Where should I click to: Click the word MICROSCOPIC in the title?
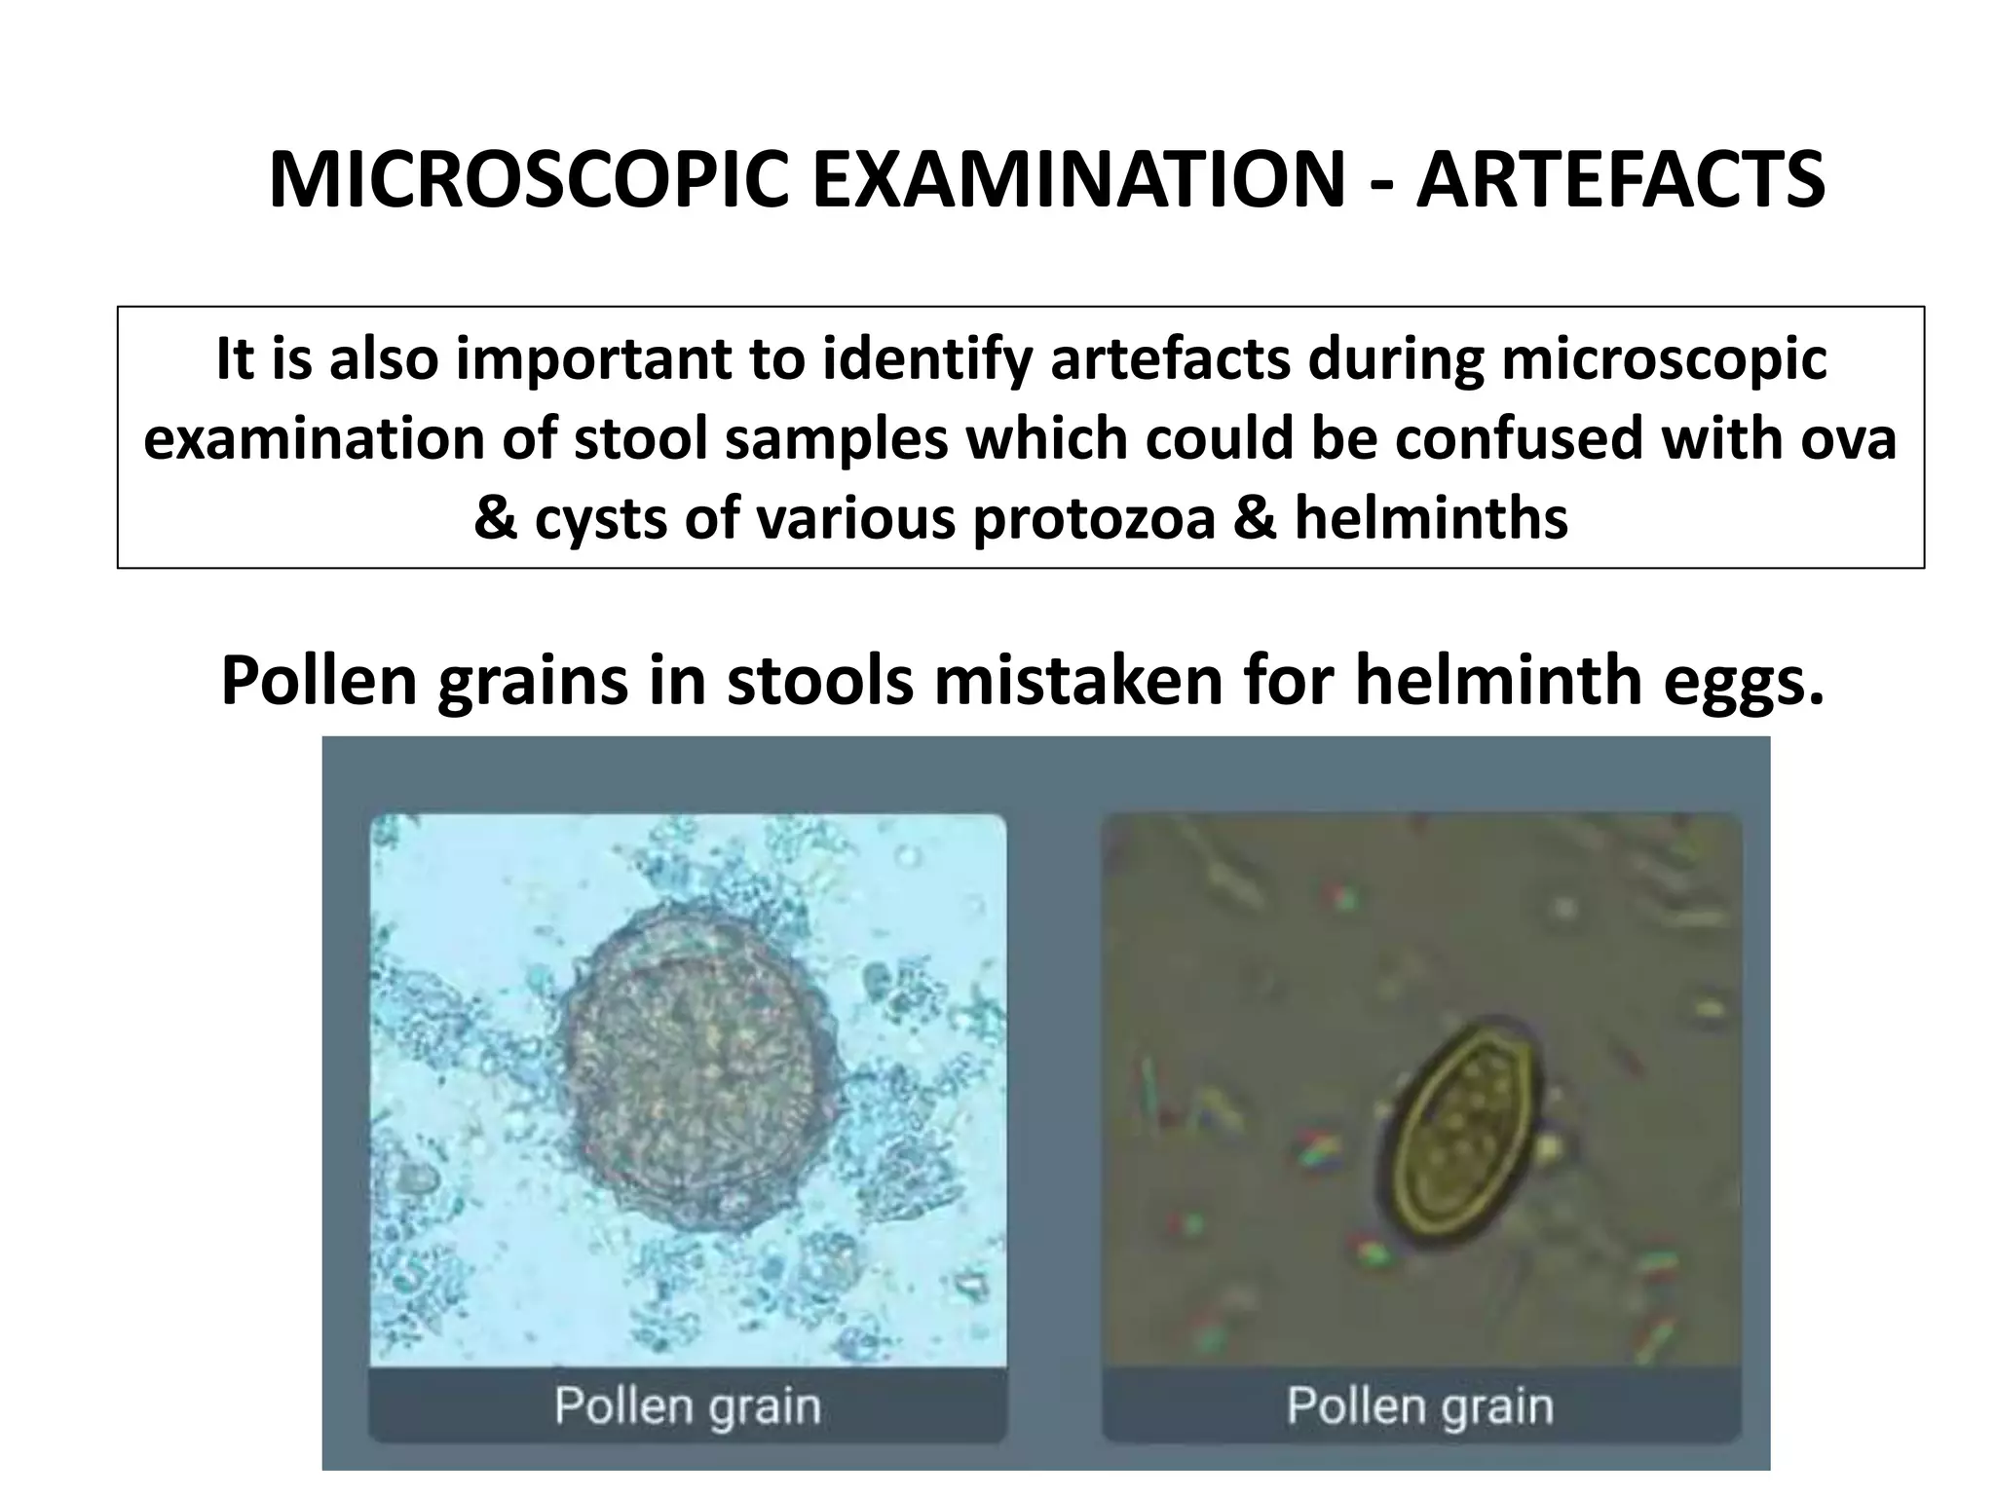point(528,181)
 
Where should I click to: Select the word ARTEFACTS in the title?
point(1620,181)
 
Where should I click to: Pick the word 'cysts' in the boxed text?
point(602,518)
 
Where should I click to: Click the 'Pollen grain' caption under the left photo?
point(688,1406)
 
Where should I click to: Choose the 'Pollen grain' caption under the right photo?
point(1420,1406)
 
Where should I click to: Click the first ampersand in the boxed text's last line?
point(495,518)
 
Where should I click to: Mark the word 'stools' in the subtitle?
point(820,681)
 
